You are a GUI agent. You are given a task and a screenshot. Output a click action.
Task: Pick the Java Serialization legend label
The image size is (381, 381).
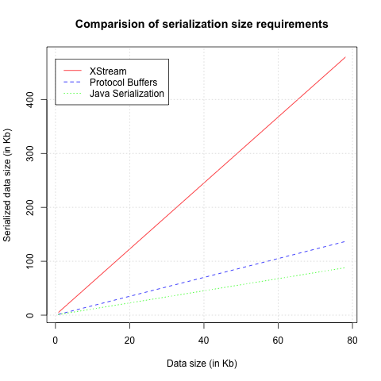pyautogui.click(x=127, y=94)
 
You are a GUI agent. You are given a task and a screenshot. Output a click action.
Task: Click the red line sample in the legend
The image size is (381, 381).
pyautogui.click(x=74, y=71)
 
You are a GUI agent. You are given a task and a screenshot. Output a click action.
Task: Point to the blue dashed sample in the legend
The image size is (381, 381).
pyautogui.click(x=74, y=83)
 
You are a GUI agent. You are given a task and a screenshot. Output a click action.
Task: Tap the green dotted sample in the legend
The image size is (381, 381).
pyautogui.click(x=74, y=94)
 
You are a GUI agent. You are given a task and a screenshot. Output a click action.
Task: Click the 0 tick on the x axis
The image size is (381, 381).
pyautogui.click(x=55, y=339)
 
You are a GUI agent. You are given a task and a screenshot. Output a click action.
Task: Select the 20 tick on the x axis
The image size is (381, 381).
pyautogui.click(x=129, y=339)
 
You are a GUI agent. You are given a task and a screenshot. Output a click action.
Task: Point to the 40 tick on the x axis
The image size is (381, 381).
pyautogui.click(x=203, y=339)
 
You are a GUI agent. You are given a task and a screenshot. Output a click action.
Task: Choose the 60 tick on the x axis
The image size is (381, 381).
pyautogui.click(x=278, y=339)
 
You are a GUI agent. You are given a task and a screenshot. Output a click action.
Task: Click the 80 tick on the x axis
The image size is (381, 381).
pyautogui.click(x=352, y=339)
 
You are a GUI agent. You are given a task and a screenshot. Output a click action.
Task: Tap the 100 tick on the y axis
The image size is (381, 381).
pyautogui.click(x=34, y=261)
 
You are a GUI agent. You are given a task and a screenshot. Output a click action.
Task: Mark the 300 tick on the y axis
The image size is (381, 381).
pyautogui.click(x=34, y=153)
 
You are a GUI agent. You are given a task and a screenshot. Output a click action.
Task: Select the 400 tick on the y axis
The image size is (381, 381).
pyautogui.click(x=34, y=99)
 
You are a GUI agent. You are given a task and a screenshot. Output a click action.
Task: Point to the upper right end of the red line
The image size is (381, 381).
pyautogui.click(x=345, y=57)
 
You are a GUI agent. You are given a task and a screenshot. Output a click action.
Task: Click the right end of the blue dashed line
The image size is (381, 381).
pyautogui.click(x=345, y=241)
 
